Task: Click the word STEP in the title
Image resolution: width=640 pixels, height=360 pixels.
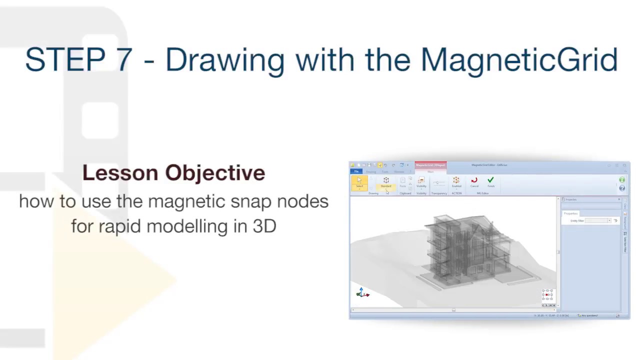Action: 65,60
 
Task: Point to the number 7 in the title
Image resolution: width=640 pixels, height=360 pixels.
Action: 124,60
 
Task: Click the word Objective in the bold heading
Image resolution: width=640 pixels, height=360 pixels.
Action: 215,173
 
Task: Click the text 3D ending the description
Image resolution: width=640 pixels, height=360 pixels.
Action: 264,226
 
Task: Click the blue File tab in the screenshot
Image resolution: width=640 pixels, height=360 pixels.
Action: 356,171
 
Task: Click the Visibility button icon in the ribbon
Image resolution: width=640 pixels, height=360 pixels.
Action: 421,181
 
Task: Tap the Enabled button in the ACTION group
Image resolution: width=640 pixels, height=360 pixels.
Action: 456,181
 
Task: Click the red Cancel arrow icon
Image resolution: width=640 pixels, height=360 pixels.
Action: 474,181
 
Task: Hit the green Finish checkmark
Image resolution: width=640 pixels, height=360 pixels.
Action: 490,181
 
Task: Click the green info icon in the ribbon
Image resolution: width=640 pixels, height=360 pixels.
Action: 622,180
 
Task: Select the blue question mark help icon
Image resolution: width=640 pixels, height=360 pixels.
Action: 622,188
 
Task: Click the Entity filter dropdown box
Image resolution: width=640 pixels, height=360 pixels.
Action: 597,220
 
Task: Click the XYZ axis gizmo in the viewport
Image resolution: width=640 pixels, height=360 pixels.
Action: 362,293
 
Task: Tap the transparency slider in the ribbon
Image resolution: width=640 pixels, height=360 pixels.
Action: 439,184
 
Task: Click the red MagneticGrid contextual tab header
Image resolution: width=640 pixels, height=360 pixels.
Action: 430,165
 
